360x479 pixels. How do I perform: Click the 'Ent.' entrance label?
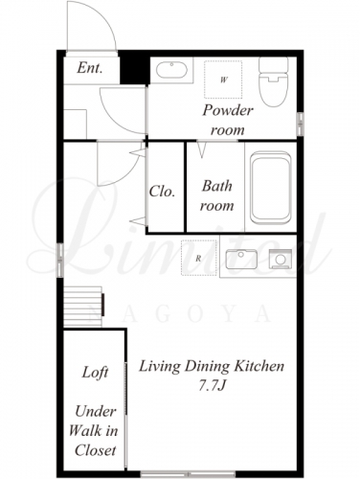(x=90, y=68)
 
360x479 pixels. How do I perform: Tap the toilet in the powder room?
(x=274, y=81)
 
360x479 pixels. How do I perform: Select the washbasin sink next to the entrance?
(x=171, y=70)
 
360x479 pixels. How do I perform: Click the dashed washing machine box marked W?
(x=223, y=80)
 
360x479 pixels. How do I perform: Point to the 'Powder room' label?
(x=228, y=120)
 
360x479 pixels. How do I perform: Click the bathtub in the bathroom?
(x=271, y=188)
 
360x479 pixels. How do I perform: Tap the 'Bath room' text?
(x=217, y=195)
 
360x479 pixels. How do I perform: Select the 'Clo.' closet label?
(x=162, y=192)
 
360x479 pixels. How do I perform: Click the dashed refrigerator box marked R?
(x=199, y=258)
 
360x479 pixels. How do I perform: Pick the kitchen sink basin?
(x=241, y=259)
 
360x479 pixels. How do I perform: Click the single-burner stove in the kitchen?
(x=281, y=259)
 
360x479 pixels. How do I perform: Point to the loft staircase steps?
(x=83, y=307)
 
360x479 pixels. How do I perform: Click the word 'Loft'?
(x=95, y=373)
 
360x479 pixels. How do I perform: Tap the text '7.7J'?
(x=212, y=386)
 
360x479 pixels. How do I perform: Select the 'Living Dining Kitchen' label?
(x=212, y=366)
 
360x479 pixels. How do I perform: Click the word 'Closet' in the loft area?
(x=95, y=450)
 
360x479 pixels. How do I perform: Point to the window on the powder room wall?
(x=300, y=125)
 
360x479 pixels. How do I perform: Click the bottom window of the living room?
(x=188, y=473)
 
